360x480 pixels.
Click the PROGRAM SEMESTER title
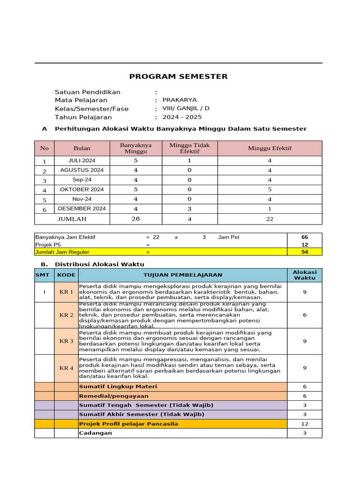click(178, 76)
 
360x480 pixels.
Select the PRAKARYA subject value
click(180, 100)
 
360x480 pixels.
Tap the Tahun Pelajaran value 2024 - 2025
click(182, 117)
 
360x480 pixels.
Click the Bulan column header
click(82, 148)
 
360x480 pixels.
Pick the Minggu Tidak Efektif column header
click(189, 148)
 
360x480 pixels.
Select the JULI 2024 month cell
click(82, 160)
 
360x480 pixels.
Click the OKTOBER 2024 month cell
click(82, 189)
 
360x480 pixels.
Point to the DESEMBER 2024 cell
click(82, 209)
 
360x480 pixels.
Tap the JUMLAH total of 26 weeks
click(135, 219)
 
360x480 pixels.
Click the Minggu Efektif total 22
click(270, 219)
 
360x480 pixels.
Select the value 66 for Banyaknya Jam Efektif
click(305, 237)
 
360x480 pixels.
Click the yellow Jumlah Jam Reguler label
click(62, 252)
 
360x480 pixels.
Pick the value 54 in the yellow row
click(305, 252)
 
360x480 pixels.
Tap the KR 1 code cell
click(66, 292)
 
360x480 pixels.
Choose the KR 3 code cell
click(66, 341)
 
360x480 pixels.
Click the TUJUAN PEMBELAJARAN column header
click(183, 275)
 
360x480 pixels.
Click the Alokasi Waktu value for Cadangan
click(305, 433)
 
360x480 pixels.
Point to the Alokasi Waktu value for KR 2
click(305, 315)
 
